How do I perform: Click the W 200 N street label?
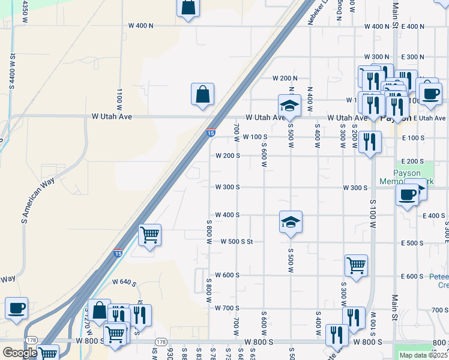pyautogui.click(x=285, y=79)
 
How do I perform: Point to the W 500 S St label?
pyautogui.click(x=237, y=242)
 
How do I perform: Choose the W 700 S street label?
pyautogui.click(x=227, y=308)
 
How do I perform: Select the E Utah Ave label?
pyautogui.click(x=429, y=118)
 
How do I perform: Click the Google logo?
pyautogui.click(x=20, y=353)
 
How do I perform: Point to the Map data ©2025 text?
pyautogui.click(x=424, y=355)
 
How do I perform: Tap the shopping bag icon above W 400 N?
pyautogui.click(x=187, y=8)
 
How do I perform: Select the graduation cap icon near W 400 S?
pyautogui.click(x=291, y=223)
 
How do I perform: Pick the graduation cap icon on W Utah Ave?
pyautogui.click(x=289, y=106)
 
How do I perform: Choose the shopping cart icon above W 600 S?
pyautogui.click(x=356, y=265)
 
